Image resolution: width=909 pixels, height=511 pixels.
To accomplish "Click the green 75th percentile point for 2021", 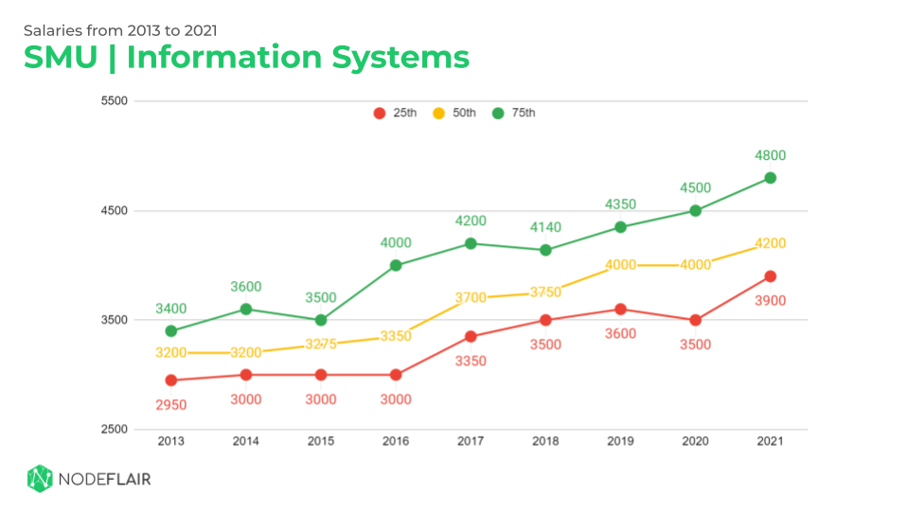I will pos(770,178).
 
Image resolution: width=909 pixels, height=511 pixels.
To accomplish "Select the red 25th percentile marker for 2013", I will pos(171,380).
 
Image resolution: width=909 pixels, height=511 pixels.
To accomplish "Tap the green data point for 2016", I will pos(396,265).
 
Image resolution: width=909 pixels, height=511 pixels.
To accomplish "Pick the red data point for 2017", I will pos(471,337).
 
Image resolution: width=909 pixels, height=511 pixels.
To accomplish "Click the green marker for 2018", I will pos(545,250).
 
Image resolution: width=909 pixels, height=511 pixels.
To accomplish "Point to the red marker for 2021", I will pos(770,276).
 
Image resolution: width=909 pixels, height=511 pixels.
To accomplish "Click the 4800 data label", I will pos(770,156).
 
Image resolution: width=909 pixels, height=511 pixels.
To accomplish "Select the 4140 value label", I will pos(545,228).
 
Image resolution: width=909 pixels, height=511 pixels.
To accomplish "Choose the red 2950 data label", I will pos(171,405).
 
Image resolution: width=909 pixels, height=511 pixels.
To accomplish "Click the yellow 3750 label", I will pos(545,292).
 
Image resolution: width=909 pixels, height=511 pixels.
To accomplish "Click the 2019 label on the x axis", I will pos(620,441).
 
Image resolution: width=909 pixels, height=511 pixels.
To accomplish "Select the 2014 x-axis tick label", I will pos(246,441).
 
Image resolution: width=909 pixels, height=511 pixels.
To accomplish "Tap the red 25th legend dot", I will pos(380,114).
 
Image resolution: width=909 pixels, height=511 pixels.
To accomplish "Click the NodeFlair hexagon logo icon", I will pos(39,479).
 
